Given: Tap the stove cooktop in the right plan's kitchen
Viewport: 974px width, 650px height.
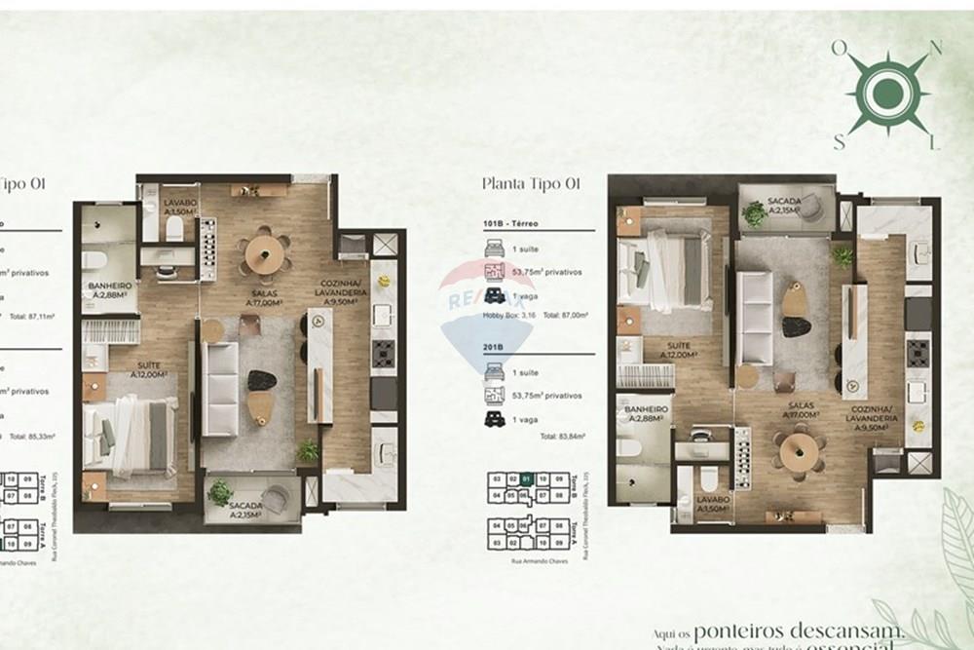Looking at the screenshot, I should click(918, 353).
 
